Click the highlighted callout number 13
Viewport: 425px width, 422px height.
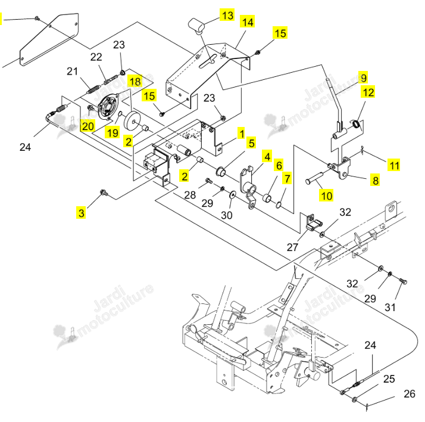click(x=227, y=15)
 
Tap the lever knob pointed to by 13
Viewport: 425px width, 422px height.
click(x=196, y=25)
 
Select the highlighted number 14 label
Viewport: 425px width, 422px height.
click(x=248, y=21)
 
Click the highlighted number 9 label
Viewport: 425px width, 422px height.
click(x=364, y=77)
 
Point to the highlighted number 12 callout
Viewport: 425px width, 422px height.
click(x=368, y=92)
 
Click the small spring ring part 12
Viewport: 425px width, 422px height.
click(x=356, y=124)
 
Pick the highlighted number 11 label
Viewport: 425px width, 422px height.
click(x=394, y=165)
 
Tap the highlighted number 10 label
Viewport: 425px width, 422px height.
click(x=326, y=195)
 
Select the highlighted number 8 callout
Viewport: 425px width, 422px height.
click(x=376, y=180)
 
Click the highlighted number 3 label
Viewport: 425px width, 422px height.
click(x=81, y=213)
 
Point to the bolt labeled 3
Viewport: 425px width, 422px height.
click(x=104, y=193)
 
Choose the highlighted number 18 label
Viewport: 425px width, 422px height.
click(x=135, y=81)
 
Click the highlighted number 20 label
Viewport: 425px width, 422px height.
click(x=88, y=126)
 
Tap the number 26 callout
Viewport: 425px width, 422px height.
click(x=409, y=393)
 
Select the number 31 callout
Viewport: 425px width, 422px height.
click(x=390, y=307)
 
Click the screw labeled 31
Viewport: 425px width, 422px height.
click(x=403, y=281)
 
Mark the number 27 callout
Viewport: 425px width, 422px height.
click(x=292, y=247)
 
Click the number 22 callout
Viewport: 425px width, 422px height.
click(x=96, y=57)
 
